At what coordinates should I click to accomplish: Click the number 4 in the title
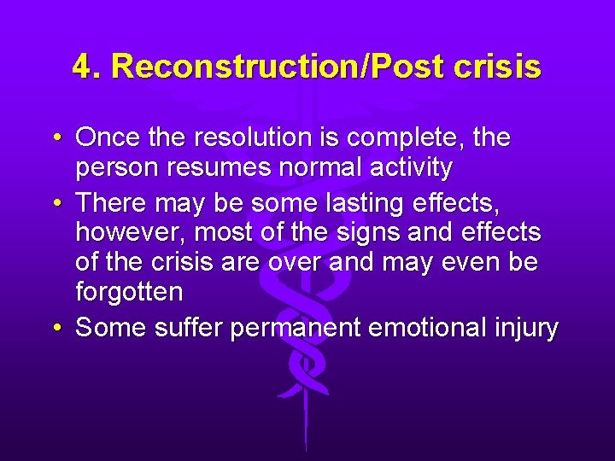pos(81,67)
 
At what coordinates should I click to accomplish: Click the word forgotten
pos(129,292)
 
